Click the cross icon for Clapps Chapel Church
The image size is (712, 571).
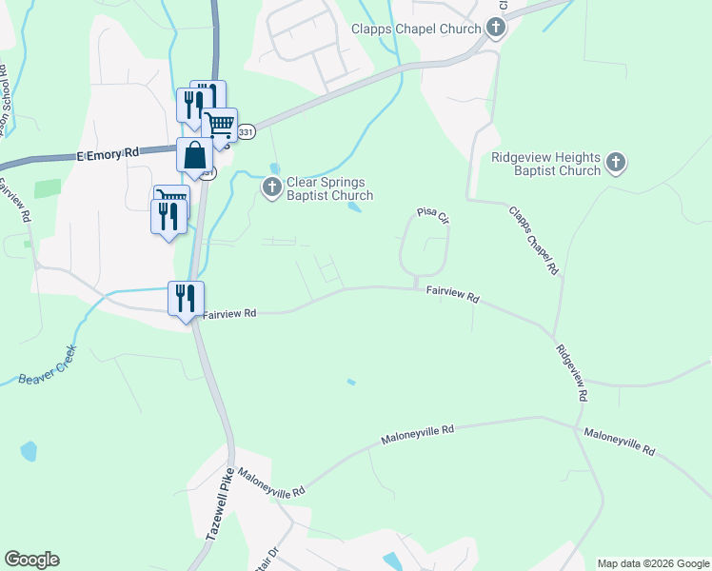click(x=496, y=29)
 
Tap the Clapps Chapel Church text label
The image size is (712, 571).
click(x=416, y=29)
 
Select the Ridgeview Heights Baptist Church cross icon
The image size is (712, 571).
click(x=616, y=163)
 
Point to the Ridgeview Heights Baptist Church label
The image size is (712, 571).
click(x=546, y=164)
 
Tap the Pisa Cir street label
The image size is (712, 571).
click(x=430, y=217)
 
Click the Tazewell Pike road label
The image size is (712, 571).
click(x=220, y=510)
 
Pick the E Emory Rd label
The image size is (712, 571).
click(x=108, y=152)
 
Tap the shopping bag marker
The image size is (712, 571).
click(x=194, y=157)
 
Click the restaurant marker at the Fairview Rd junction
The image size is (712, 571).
click(x=185, y=298)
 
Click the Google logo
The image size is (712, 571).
click(x=31, y=560)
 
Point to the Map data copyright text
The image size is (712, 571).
click(x=654, y=563)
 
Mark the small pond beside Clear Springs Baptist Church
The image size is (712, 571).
click(x=355, y=207)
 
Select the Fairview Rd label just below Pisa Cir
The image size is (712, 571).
click(x=451, y=295)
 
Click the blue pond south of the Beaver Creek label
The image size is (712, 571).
click(x=29, y=450)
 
